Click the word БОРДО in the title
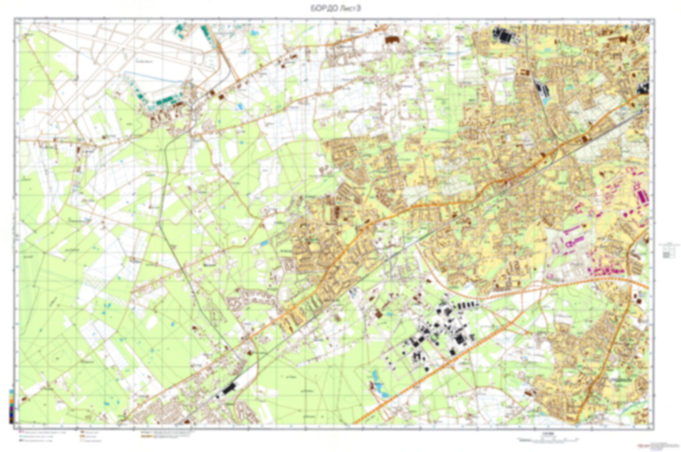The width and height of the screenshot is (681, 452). pos(321,8)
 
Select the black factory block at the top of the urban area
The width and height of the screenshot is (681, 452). pos(503,34)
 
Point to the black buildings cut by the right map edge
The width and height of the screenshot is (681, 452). pos(644,87)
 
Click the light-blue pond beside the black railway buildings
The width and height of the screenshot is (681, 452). pos(546,100)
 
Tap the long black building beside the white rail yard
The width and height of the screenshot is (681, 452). pos(230,388)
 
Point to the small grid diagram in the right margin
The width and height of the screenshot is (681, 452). pos(666,250)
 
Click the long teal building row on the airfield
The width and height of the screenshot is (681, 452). pos(165,100)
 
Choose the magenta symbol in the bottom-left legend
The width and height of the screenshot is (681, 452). pos(21,432)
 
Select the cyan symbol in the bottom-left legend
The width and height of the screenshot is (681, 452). pos(21,436)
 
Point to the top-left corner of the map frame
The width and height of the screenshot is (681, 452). pos(15,19)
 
